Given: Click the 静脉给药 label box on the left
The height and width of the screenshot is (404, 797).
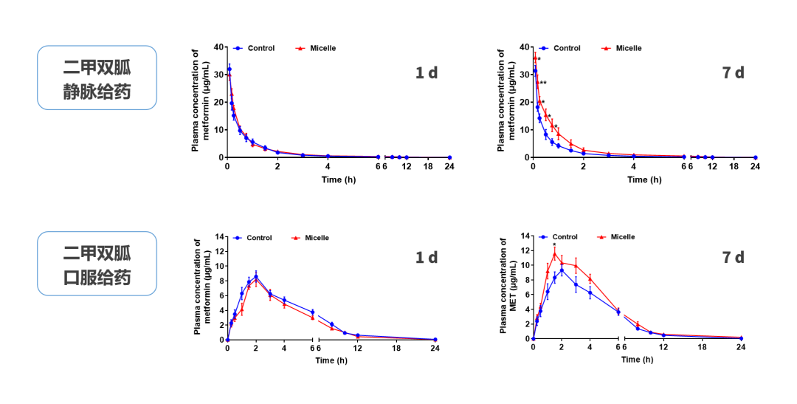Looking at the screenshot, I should [x=97, y=78].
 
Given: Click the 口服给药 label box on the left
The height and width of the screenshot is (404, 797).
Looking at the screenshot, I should [x=97, y=264].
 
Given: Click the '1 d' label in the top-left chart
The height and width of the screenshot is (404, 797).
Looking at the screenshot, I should [x=426, y=72].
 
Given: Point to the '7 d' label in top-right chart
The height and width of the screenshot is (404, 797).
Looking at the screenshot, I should [x=733, y=72].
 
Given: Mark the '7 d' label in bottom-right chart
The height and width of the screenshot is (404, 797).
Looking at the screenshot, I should [x=733, y=257].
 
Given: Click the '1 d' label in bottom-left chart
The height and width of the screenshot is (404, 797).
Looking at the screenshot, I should [x=426, y=257].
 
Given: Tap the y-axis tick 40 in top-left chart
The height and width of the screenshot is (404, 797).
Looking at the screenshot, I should [x=218, y=47].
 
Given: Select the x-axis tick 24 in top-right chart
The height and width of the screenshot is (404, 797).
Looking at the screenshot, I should [x=755, y=167].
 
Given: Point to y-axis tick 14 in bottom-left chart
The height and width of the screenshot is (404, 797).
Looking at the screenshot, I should [x=218, y=236].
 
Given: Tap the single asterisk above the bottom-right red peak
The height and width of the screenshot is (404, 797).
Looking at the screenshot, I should [x=554, y=245].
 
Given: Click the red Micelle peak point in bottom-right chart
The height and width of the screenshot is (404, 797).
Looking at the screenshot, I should [x=554, y=254].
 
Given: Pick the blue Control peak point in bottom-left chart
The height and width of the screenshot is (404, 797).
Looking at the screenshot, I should [x=256, y=277].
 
